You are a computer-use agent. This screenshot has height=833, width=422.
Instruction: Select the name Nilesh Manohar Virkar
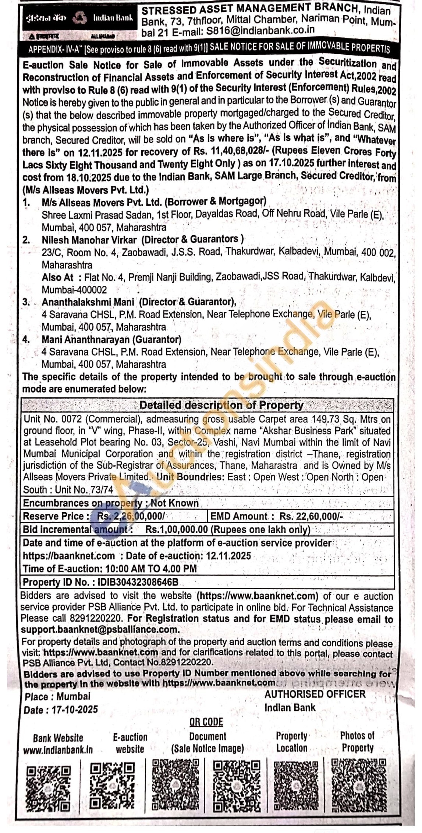(89, 240)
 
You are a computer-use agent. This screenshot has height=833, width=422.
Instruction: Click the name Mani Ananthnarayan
(86, 339)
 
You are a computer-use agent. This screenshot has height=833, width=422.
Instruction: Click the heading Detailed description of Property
(221, 405)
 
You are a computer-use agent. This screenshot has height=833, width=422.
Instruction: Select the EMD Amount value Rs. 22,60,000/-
(311, 516)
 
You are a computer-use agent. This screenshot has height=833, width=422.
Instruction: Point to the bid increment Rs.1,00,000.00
(177, 530)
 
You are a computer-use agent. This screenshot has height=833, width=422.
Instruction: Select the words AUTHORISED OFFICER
(315, 694)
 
